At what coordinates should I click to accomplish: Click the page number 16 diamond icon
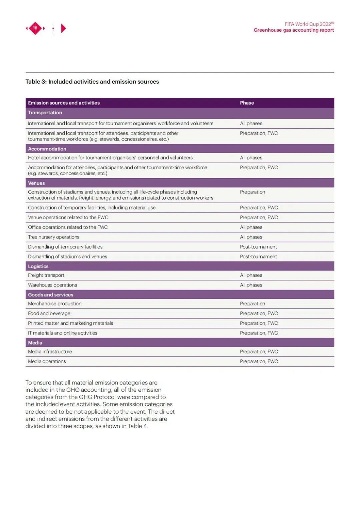click(x=35, y=28)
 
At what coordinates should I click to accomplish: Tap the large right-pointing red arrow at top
click(x=63, y=28)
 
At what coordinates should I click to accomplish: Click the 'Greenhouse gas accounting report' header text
click(x=294, y=30)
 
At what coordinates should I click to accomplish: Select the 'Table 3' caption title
click(x=92, y=82)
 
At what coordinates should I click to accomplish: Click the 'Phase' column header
click(x=247, y=103)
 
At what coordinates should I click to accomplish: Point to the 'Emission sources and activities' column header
click(x=64, y=103)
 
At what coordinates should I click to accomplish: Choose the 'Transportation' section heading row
click(x=45, y=113)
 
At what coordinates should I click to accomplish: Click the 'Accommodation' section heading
click(x=47, y=149)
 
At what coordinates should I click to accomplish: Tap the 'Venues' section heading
click(x=36, y=183)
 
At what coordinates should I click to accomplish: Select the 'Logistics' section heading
click(x=38, y=266)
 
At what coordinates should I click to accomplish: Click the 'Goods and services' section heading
click(x=51, y=295)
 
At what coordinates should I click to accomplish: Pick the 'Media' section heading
click(x=35, y=343)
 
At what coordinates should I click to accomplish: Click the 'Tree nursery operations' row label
click(x=54, y=237)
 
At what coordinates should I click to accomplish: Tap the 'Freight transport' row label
click(x=46, y=275)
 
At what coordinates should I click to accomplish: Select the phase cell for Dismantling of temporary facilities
click(x=258, y=247)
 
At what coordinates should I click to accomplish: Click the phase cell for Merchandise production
click(x=252, y=304)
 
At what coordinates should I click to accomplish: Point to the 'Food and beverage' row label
click(x=49, y=313)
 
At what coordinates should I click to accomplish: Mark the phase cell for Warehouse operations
click(x=251, y=285)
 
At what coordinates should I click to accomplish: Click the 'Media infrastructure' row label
click(x=50, y=352)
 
